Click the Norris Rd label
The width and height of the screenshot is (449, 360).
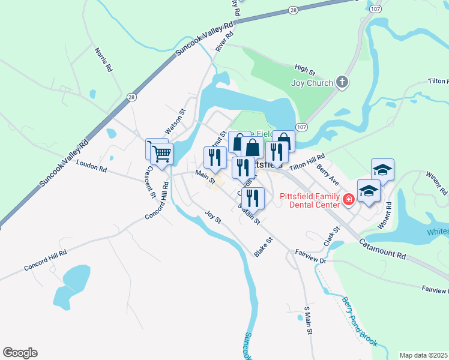(103, 58)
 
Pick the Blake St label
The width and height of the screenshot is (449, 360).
(263, 247)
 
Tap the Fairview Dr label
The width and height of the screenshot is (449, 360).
(310, 256)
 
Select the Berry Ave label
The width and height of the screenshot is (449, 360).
(328, 175)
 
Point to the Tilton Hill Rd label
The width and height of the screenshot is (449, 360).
(307, 164)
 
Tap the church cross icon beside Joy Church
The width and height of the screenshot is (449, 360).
(342, 82)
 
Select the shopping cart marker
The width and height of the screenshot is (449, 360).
(161, 154)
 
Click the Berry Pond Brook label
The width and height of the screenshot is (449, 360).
(359, 321)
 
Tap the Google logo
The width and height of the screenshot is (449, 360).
(20, 353)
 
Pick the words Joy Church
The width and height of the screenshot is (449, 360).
(312, 83)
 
